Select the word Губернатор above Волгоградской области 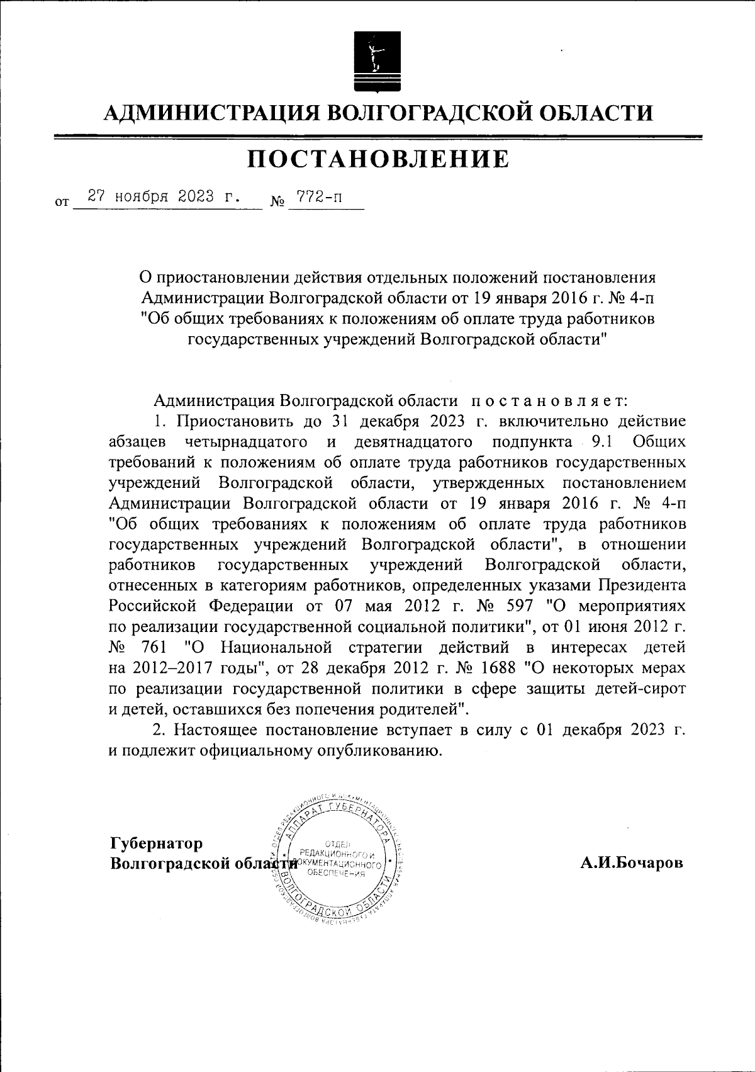pyautogui.click(x=157, y=842)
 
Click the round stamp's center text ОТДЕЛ pyautogui.click(x=341, y=843)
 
